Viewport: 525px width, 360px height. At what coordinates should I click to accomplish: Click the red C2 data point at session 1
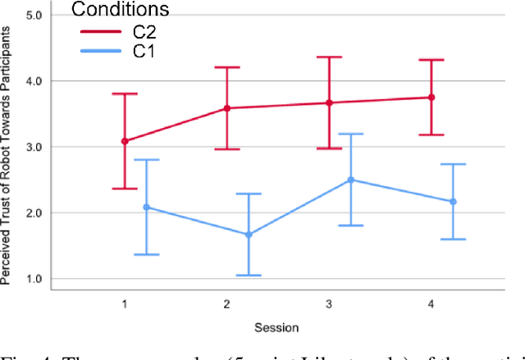[125, 141]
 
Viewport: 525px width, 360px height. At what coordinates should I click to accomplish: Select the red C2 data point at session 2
[226, 108]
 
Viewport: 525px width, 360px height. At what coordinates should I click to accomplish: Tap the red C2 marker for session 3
[329, 103]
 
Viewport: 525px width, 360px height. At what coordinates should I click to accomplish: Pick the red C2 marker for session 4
[431, 98]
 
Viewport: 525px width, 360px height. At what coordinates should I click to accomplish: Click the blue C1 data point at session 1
[147, 207]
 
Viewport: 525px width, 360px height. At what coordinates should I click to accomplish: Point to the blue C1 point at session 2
[249, 235]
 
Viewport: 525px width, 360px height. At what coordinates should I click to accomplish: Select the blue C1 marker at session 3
[351, 180]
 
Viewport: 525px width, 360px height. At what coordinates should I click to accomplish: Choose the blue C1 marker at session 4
[453, 202]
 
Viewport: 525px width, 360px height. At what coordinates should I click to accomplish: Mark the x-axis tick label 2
[226, 303]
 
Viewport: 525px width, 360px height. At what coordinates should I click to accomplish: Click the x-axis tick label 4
[431, 303]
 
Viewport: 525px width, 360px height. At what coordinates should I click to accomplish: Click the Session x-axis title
[277, 326]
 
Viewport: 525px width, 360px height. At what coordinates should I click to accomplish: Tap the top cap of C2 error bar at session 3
[329, 57]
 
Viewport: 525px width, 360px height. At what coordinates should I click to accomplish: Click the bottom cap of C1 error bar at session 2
[249, 276]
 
